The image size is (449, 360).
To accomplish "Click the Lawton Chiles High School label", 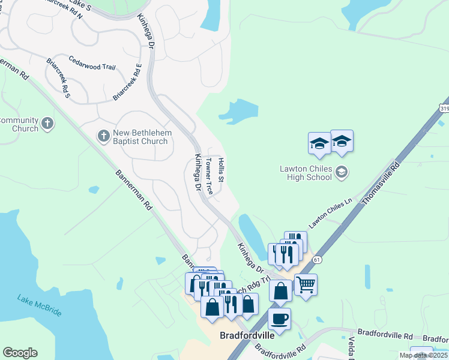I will (x=306, y=173).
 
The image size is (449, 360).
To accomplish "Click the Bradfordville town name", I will (x=247, y=335).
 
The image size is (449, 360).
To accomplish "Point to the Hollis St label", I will (x=221, y=170).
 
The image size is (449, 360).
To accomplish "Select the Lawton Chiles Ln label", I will (x=330, y=214).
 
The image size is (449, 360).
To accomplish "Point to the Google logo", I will (x=20, y=353).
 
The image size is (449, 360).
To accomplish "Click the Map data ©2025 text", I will (x=423, y=355).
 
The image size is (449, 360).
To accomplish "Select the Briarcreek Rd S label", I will (x=59, y=79).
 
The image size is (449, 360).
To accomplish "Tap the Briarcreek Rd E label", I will (x=127, y=82).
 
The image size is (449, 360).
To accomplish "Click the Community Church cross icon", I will (x=47, y=124).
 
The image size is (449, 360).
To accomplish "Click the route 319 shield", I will (x=444, y=109).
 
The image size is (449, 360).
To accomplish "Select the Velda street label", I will (x=351, y=347).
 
